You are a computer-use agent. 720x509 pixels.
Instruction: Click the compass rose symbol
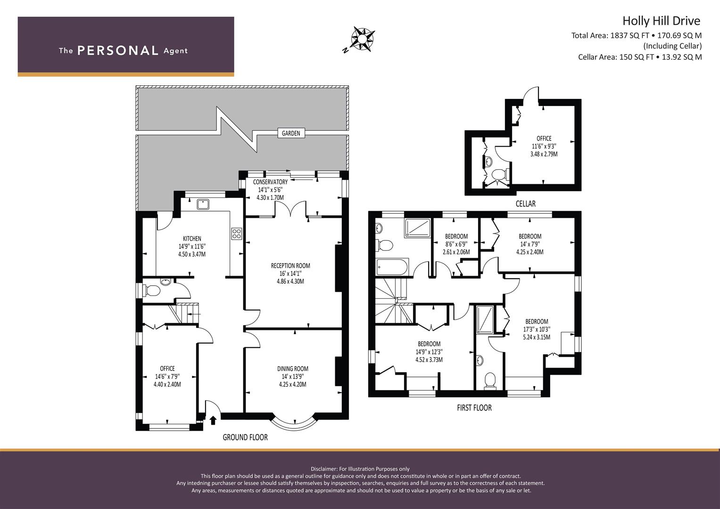362,39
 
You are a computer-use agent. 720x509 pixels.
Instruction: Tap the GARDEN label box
291,133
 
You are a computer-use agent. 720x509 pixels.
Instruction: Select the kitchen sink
203,205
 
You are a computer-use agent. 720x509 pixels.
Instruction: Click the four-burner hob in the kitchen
237,234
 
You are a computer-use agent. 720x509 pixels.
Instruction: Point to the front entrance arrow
213,420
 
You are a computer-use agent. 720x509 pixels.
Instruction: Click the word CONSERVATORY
270,182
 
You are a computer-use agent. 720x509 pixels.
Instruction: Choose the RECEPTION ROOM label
290,266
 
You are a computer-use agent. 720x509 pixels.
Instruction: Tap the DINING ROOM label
293,369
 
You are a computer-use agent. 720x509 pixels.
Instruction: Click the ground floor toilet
152,291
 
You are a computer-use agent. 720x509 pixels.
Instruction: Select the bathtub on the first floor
392,267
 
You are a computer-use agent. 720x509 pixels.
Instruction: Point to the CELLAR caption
526,204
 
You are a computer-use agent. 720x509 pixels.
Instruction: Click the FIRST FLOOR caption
474,408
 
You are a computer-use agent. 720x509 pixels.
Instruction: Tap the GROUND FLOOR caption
245,437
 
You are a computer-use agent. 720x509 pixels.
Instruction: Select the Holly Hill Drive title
662,21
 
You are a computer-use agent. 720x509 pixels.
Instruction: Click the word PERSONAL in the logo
118,50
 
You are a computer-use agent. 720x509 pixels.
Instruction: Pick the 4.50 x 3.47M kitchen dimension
192,254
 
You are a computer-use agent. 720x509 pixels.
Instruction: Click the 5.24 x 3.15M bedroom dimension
537,337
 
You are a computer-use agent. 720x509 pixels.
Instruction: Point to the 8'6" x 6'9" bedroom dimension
456,244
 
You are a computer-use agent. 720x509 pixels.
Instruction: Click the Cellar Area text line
640,57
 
